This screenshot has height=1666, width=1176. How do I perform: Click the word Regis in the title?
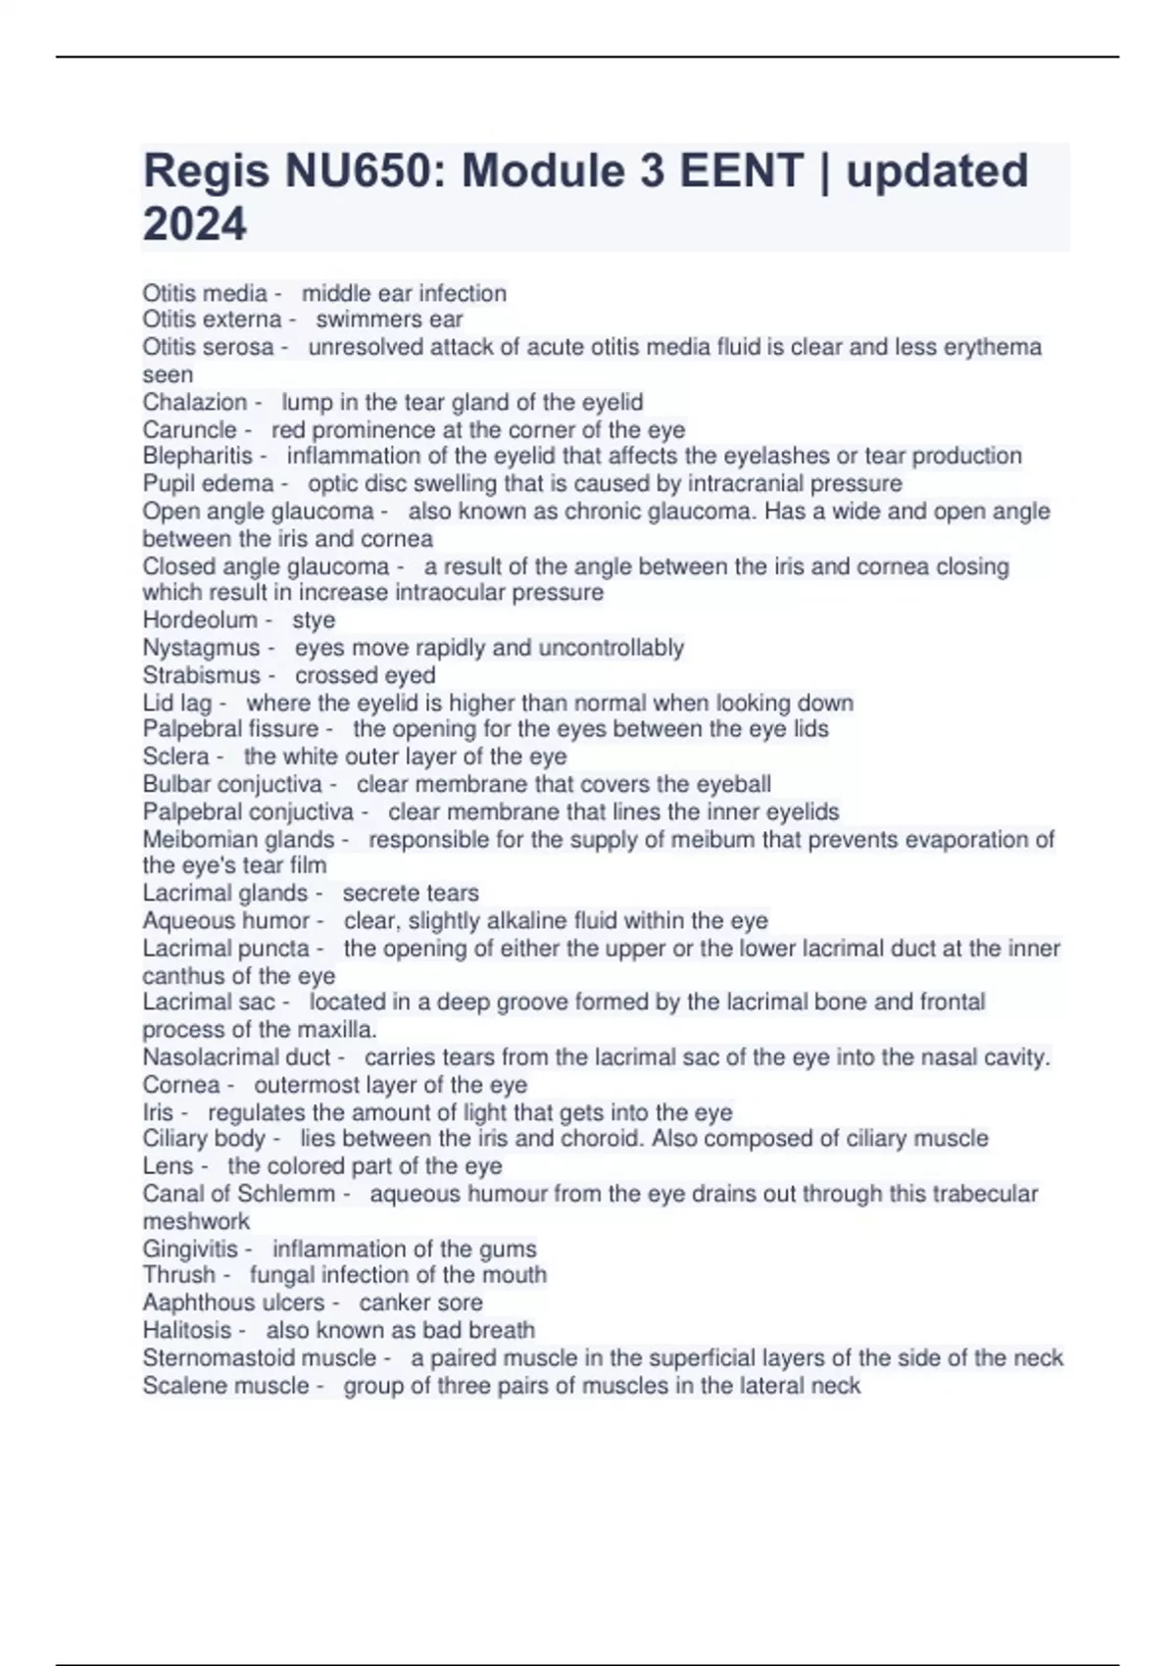click(205, 171)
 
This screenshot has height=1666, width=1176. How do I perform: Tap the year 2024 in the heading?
click(194, 224)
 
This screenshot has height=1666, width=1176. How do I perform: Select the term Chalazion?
click(194, 402)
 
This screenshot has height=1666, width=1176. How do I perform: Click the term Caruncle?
click(189, 429)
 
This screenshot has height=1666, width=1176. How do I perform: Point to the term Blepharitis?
click(197, 456)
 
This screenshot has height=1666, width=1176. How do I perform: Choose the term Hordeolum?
click(200, 619)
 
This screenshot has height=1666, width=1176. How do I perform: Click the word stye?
click(314, 619)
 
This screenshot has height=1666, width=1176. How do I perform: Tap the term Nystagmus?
click(201, 648)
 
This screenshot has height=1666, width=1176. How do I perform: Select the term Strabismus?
click(201, 675)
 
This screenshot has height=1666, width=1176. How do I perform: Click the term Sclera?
click(175, 757)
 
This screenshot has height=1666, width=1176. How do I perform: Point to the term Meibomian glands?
click(238, 839)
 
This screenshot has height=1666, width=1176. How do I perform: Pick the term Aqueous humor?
click(225, 920)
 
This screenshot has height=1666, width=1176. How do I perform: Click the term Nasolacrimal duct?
click(236, 1057)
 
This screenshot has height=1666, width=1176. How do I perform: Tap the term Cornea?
click(180, 1085)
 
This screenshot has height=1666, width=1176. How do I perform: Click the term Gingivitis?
click(190, 1249)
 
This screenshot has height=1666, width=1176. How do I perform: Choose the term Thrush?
click(178, 1275)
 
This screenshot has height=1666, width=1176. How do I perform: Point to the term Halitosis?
click(186, 1330)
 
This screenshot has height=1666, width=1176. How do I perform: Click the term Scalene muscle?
click(225, 1386)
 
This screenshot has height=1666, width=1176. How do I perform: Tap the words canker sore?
click(420, 1302)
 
